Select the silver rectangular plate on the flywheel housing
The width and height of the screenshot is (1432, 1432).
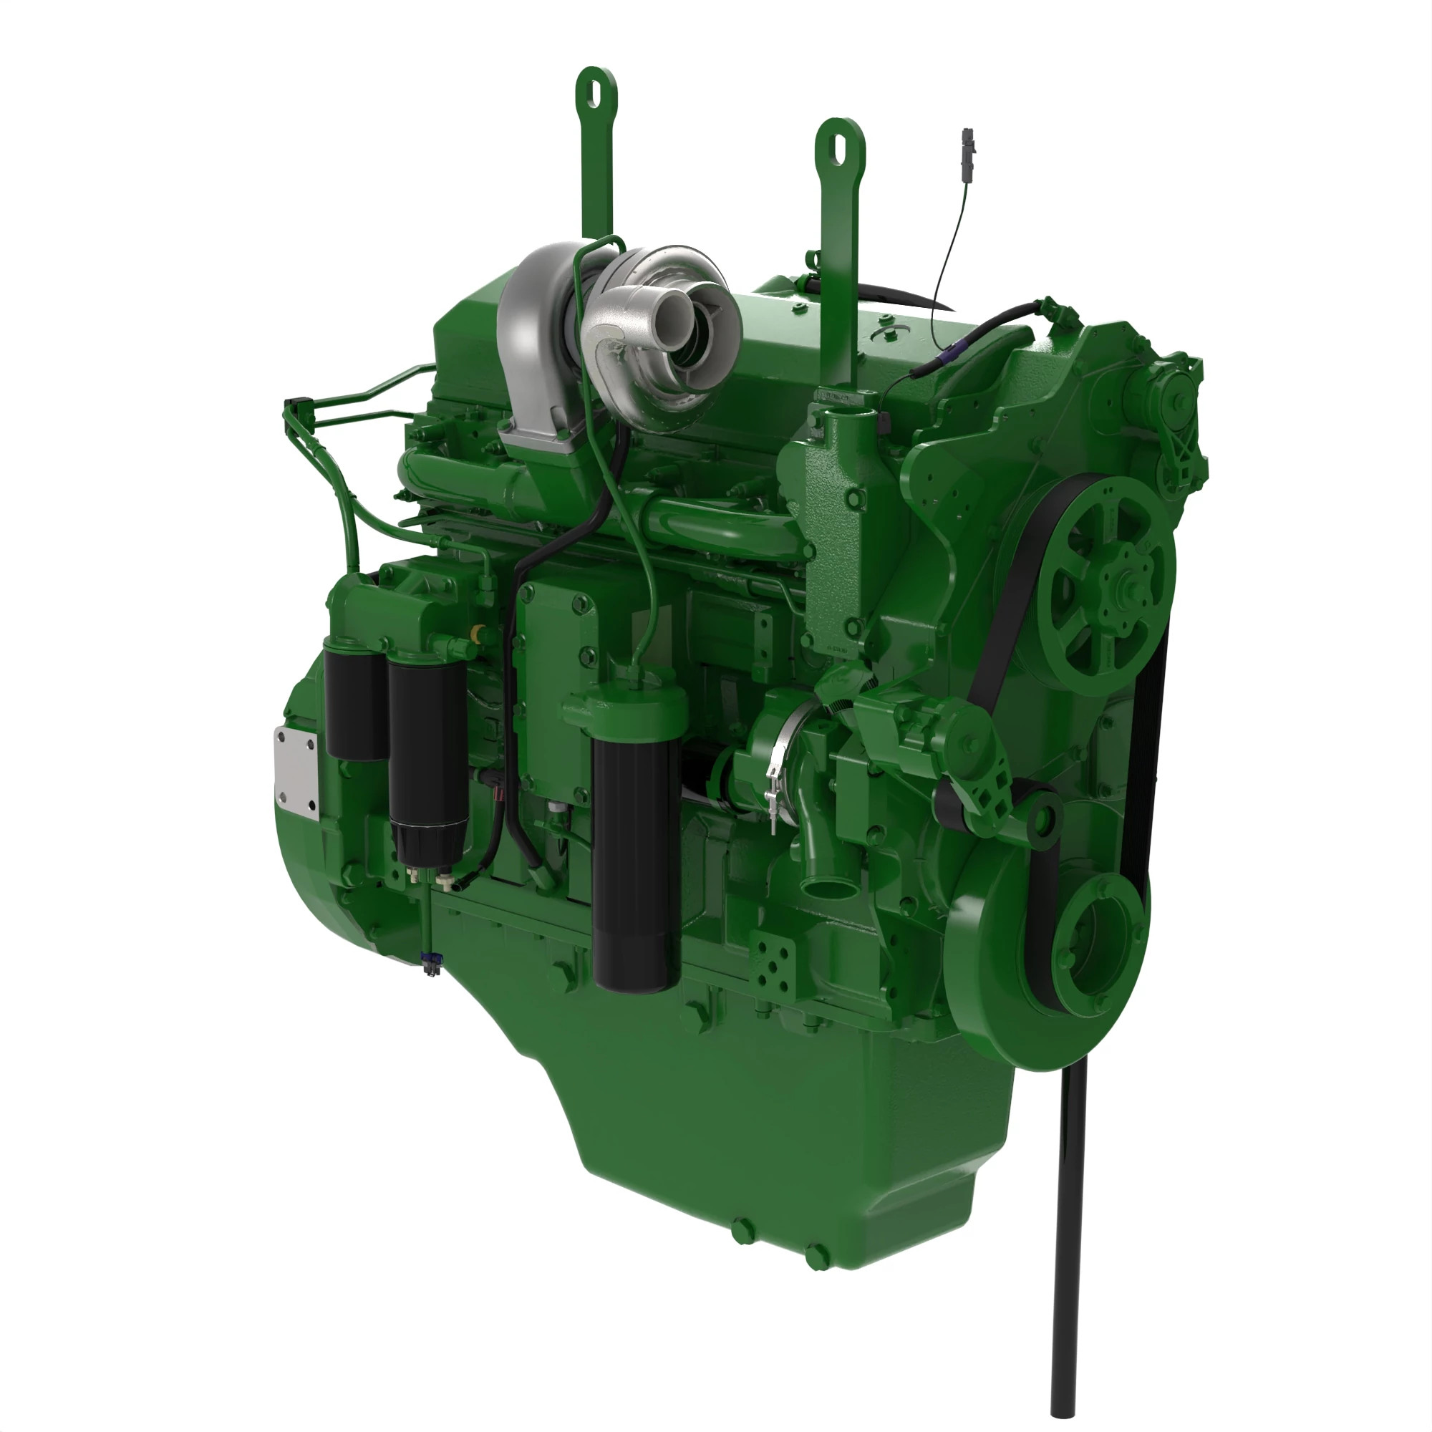pos(296,774)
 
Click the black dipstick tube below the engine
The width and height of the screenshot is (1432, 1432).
pos(1068,1260)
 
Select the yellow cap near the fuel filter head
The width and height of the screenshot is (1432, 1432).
pos(478,633)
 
